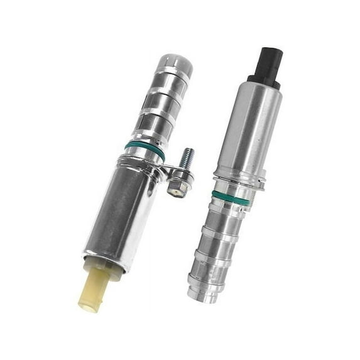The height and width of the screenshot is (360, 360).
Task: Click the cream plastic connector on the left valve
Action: coord(94,286)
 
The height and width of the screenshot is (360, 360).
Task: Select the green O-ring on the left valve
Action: coord(145,150)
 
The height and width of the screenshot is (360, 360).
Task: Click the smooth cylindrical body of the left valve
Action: coord(119,207)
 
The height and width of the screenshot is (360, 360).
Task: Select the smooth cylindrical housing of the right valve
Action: coord(251,129)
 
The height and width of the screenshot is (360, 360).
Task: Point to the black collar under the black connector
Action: coord(264,80)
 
